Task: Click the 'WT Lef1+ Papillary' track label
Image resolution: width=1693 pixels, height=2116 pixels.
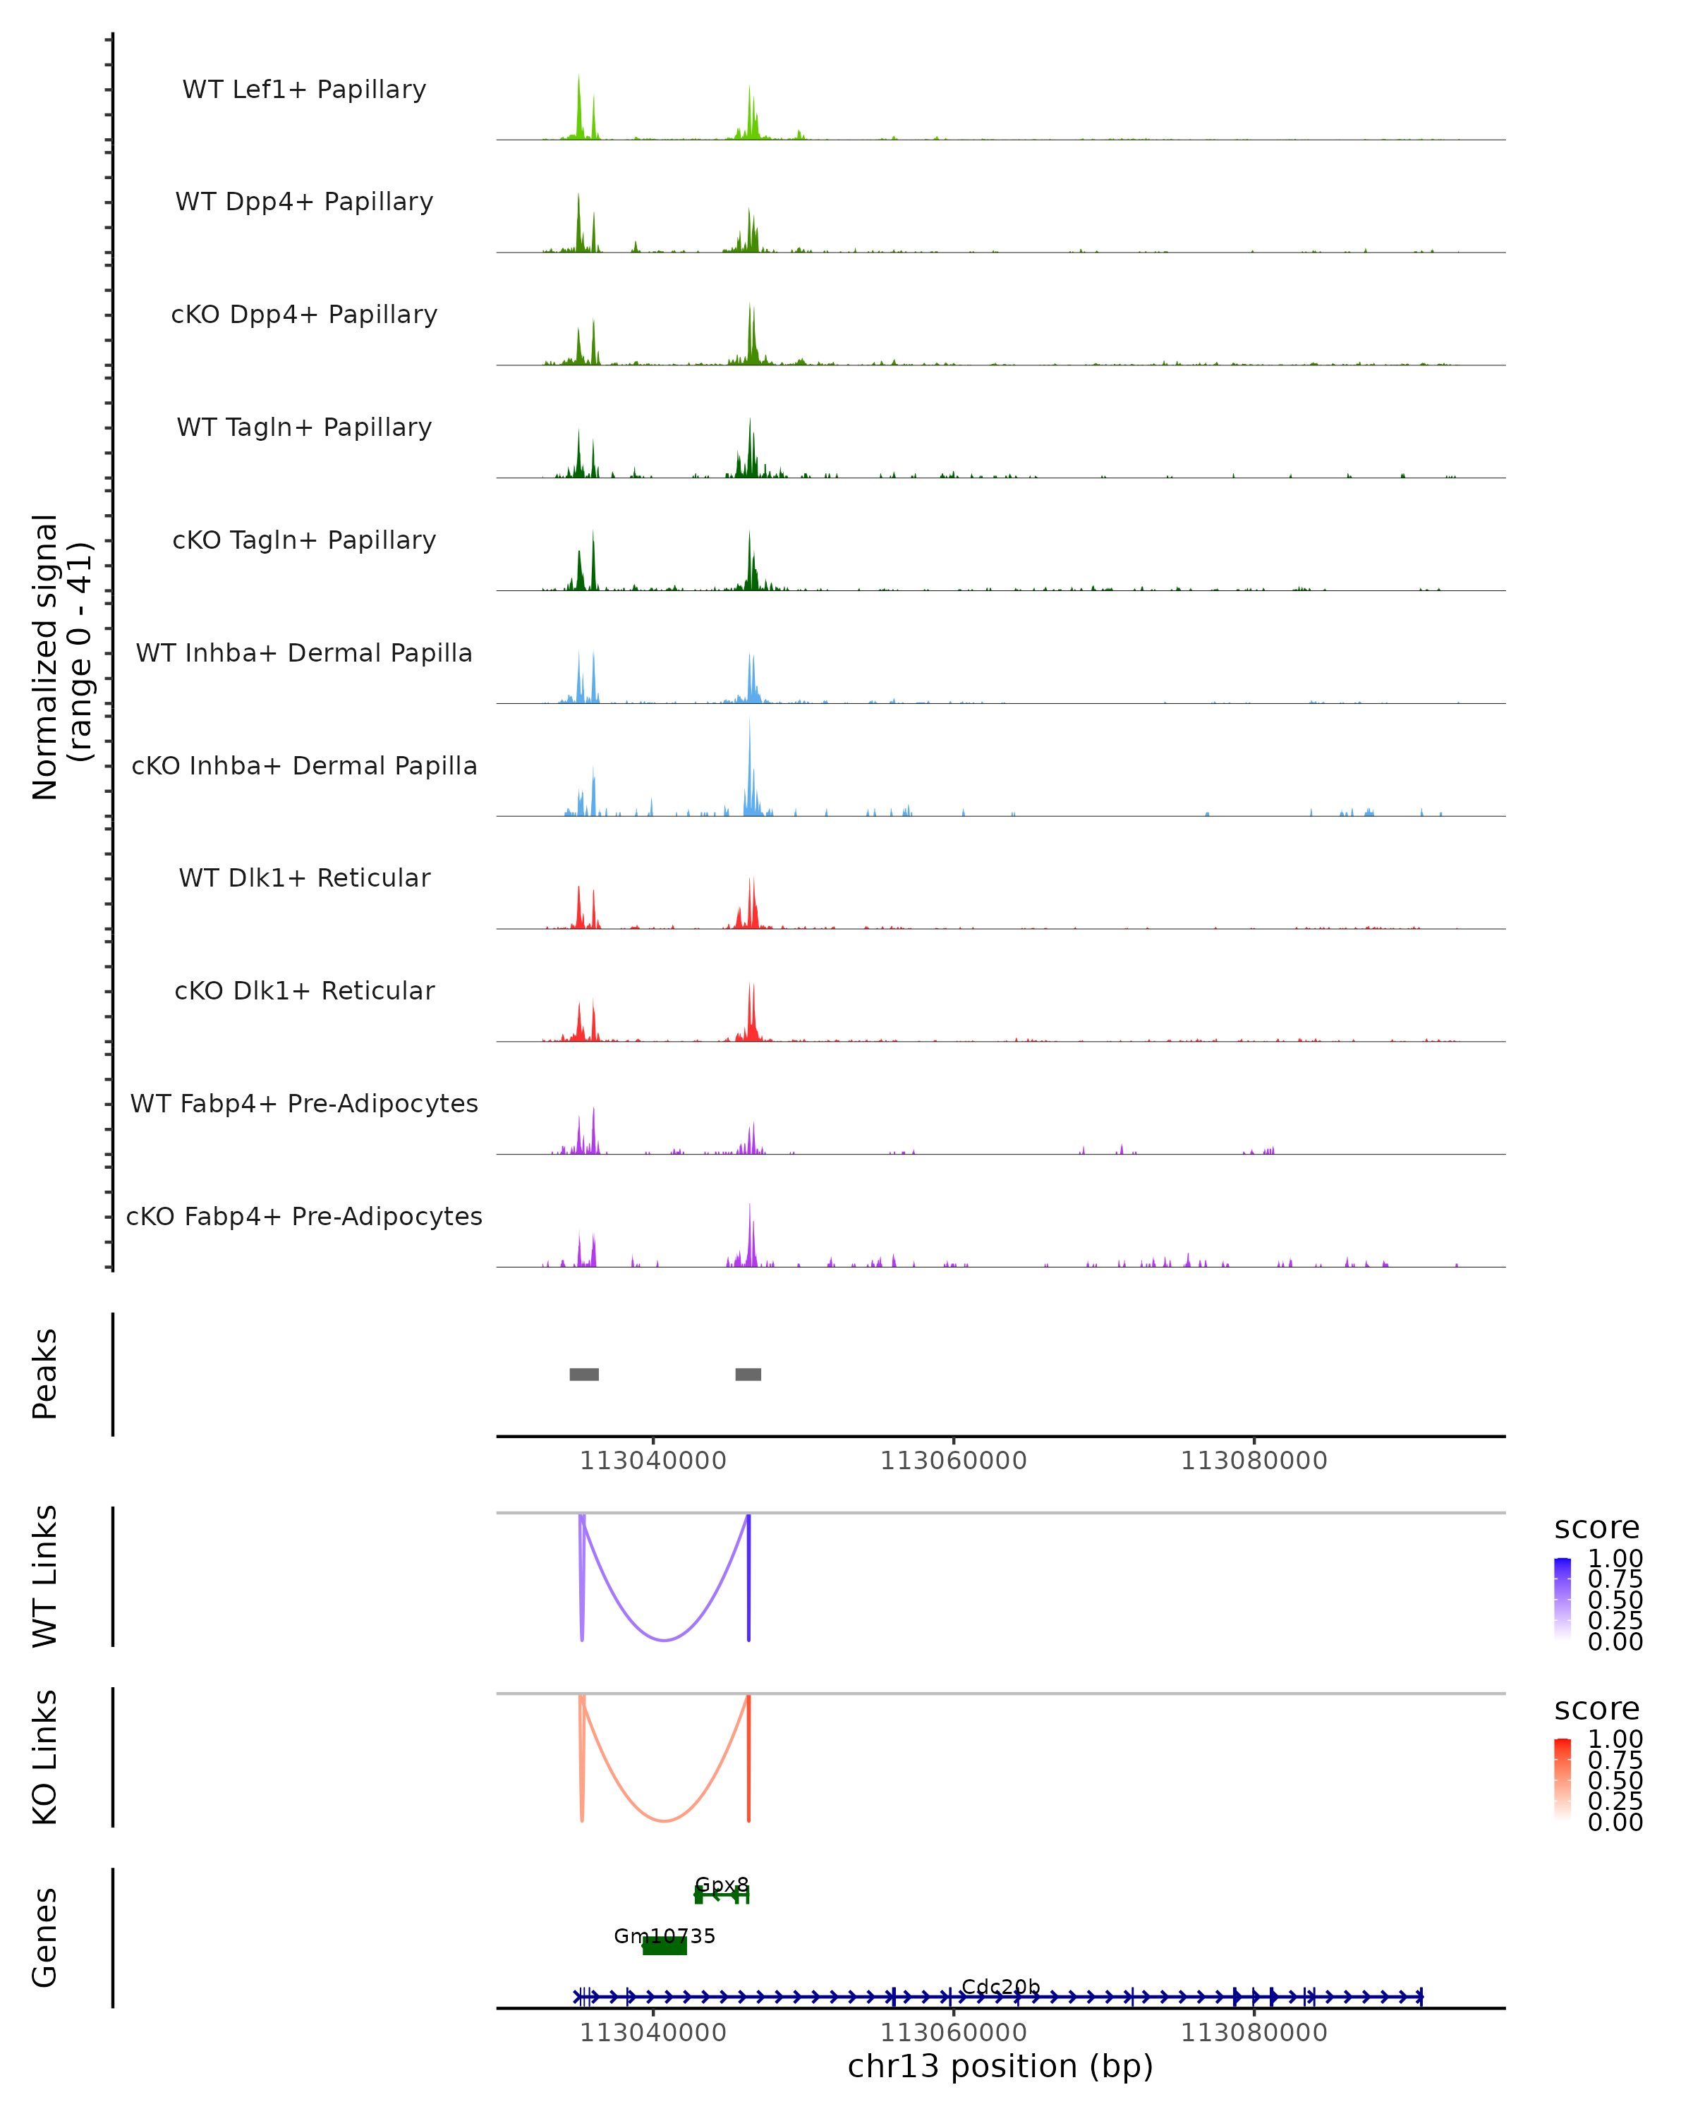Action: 304,90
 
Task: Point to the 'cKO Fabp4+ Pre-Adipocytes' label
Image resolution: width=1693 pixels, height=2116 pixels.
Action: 304,1216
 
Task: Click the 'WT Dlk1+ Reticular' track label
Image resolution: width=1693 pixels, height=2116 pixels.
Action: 304,877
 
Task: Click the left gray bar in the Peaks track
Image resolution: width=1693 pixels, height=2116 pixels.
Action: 584,1374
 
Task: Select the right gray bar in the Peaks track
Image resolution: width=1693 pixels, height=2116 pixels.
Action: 748,1374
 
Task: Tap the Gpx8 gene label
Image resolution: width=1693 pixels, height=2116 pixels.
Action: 722,1885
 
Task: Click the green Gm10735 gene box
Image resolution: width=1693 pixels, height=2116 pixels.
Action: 665,1946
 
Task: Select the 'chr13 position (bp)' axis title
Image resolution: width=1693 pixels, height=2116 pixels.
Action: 1000,2066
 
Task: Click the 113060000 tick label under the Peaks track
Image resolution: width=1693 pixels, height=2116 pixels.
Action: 953,1461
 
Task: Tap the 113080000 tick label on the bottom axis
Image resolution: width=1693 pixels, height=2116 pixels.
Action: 1254,2033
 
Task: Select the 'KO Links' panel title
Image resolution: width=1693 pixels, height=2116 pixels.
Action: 45,1757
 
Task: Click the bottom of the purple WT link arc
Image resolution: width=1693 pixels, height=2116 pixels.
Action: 665,1640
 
